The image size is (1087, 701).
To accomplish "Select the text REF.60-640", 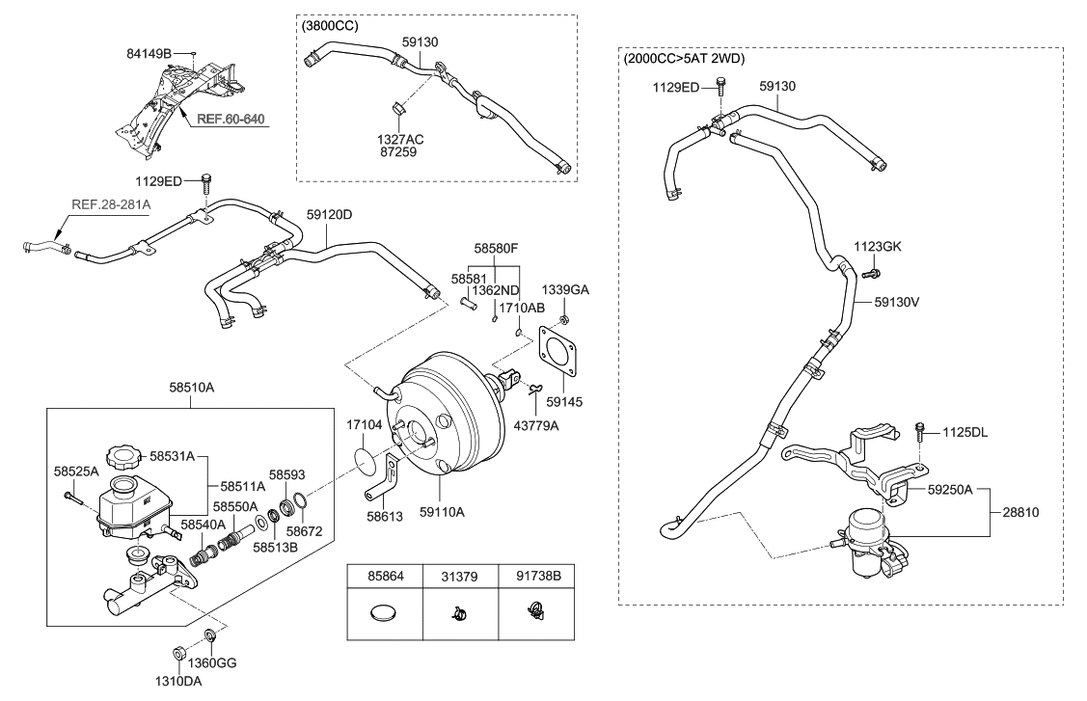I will click(x=231, y=120).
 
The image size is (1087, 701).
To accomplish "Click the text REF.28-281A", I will click(x=112, y=204).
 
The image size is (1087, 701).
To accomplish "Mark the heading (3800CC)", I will click(x=330, y=26).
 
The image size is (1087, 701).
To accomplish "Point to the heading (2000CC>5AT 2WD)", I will click(x=685, y=59).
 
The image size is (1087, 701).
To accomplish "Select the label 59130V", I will click(x=896, y=301).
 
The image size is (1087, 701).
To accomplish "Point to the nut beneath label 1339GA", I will click(x=565, y=318).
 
